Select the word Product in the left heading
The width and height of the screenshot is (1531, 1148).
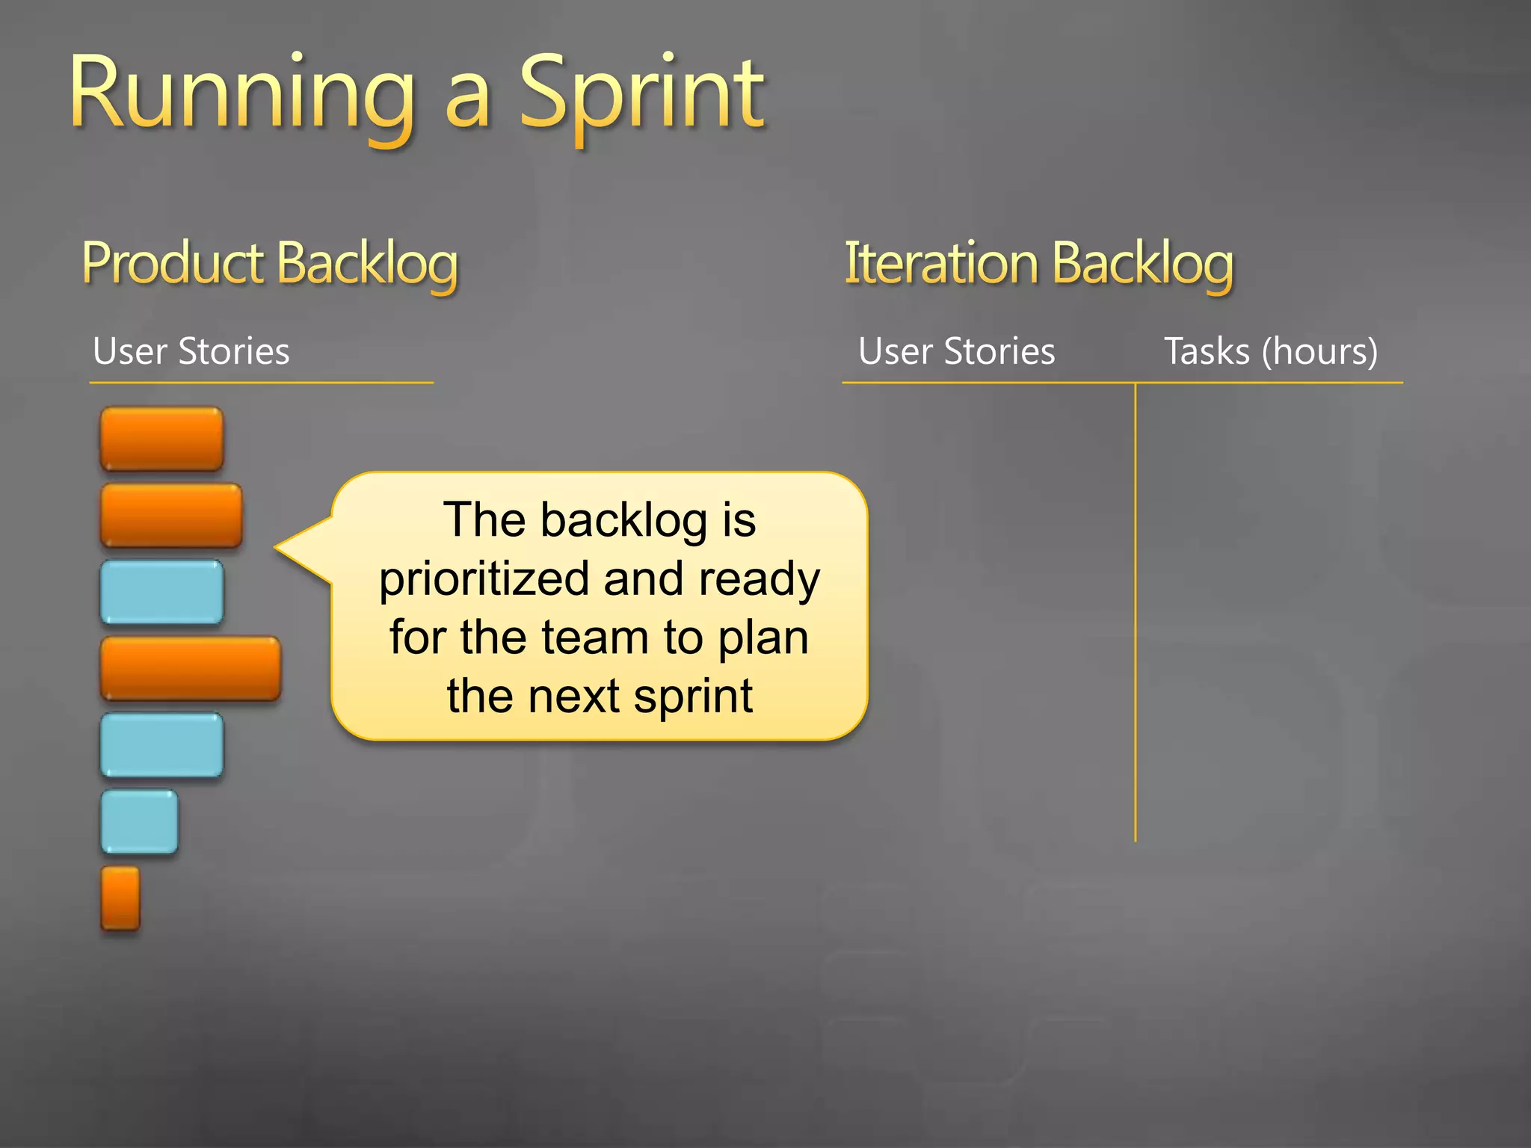pos(173,263)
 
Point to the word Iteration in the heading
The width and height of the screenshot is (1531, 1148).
pos(941,263)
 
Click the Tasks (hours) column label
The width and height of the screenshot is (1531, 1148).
pos(1271,351)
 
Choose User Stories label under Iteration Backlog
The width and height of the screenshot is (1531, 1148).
pos(956,351)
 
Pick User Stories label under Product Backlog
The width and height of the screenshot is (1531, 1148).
pos(191,351)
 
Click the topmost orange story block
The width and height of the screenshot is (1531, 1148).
pos(161,439)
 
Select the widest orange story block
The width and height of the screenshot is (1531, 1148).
pos(191,668)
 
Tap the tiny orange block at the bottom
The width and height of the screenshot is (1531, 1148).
pos(120,898)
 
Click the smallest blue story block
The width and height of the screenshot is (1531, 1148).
pos(140,821)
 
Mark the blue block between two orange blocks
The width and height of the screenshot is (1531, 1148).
pos(161,592)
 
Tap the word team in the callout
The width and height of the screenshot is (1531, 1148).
pos(594,638)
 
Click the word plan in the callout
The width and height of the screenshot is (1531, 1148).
pos(763,638)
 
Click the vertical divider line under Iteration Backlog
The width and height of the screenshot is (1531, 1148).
pos(1135,613)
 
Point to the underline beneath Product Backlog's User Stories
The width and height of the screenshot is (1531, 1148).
pos(261,383)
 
